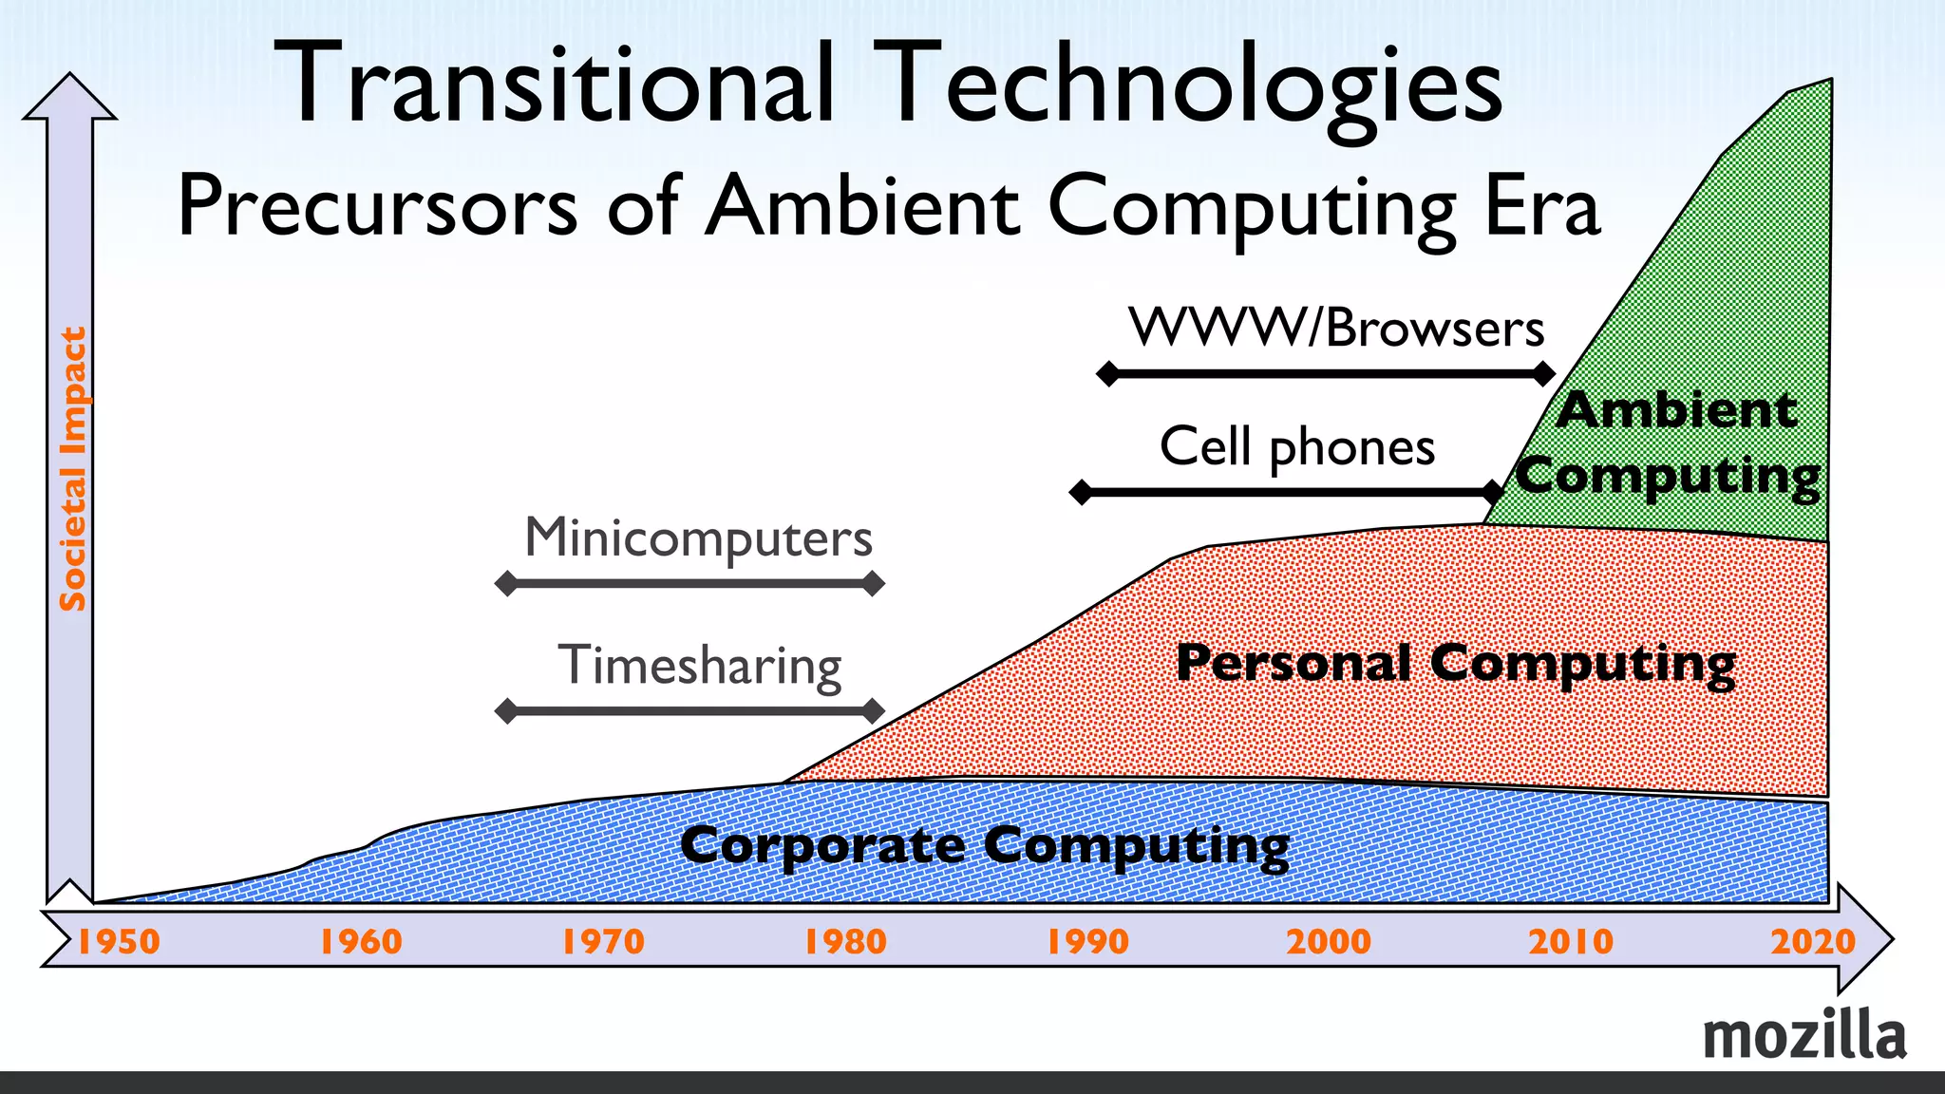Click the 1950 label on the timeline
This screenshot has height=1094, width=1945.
pos(119,941)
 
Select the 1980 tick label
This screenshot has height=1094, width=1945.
pos(845,941)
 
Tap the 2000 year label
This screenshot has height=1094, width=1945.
pos(1329,941)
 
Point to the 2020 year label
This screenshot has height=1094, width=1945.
pos(1812,941)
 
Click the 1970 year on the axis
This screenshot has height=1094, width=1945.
pos(603,941)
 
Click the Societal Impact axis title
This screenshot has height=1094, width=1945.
pos(73,469)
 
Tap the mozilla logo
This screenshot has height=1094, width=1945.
pos(1803,1036)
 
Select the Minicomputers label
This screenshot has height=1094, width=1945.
pos(698,538)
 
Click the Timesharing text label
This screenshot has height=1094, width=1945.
pos(699,665)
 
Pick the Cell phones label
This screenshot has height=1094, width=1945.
pos(1296,446)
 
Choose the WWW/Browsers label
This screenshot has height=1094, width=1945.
pos(1336,329)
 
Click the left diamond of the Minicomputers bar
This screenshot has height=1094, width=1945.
pos(507,583)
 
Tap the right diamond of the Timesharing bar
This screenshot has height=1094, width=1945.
pos(873,710)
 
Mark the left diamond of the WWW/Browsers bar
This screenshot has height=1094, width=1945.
pos(1108,373)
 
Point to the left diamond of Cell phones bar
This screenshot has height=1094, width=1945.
pos(1081,492)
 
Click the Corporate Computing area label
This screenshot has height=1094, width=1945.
pos(985,844)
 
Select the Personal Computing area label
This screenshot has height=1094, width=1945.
pos(1455,662)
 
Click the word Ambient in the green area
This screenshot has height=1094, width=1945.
pos(1676,410)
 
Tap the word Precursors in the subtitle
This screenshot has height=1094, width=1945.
pos(377,205)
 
